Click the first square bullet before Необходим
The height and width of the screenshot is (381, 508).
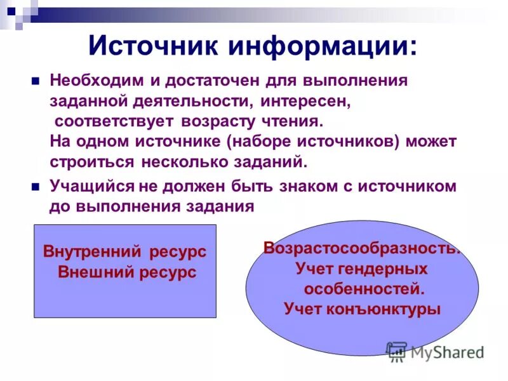[36, 81]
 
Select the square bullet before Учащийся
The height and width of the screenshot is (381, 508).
[36, 186]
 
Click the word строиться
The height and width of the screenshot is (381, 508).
[91, 161]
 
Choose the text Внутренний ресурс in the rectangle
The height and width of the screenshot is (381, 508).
[124, 251]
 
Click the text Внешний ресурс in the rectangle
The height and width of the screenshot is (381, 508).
[126, 272]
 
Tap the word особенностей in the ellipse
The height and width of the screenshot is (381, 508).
[363, 289]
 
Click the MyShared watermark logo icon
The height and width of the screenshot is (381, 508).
[397, 351]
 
